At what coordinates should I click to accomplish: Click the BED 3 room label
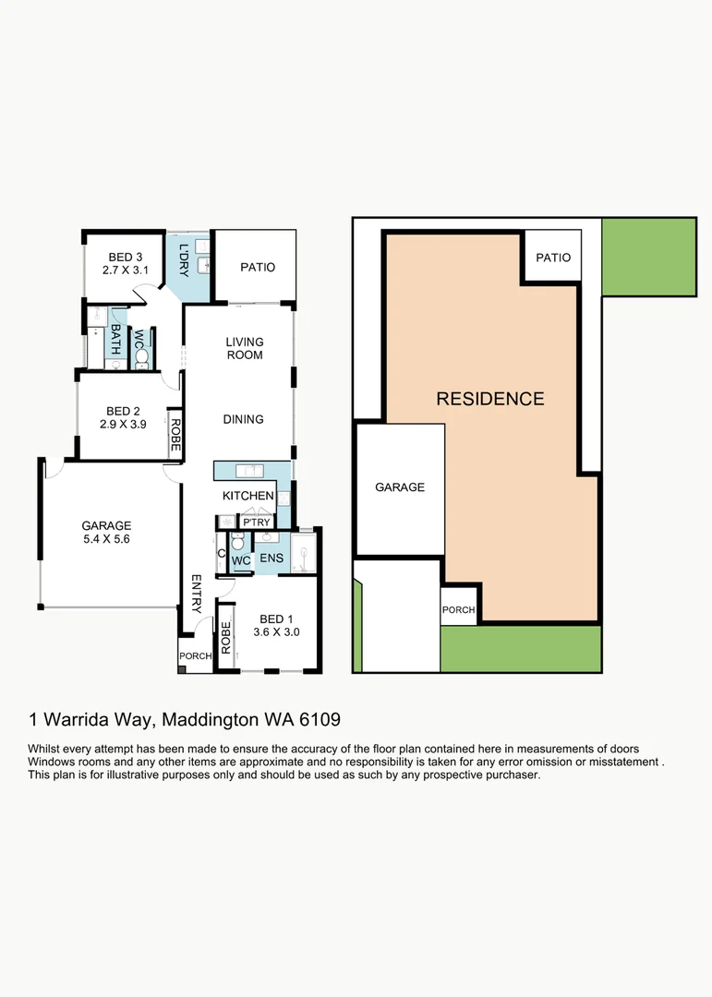(126, 257)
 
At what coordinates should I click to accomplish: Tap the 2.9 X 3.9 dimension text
(123, 424)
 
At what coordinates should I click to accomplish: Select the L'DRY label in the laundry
(184, 260)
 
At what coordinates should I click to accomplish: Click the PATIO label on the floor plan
(258, 267)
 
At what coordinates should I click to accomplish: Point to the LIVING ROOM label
(245, 348)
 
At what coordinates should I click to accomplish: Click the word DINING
(243, 419)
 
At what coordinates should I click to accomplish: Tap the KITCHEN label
(248, 496)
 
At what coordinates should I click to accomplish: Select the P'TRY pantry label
(257, 523)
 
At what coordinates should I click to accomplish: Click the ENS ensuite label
(272, 559)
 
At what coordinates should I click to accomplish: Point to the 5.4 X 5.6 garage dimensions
(106, 538)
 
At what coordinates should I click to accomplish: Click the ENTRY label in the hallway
(197, 594)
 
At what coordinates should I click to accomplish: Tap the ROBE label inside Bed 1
(226, 638)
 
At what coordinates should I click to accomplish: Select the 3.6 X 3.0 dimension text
(276, 632)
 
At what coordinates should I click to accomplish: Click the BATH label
(115, 339)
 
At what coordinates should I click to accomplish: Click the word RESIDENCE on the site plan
(490, 399)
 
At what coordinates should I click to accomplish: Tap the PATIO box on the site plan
(552, 256)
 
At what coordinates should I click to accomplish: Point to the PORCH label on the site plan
(458, 610)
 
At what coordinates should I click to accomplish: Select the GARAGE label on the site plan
(400, 487)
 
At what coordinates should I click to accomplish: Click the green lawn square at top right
(649, 257)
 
